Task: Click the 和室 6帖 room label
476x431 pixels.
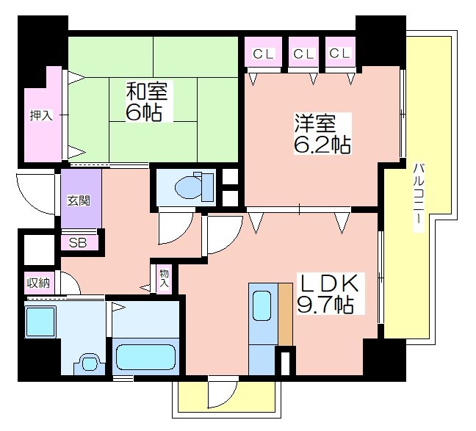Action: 147,101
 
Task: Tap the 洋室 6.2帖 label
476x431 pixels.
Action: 322,134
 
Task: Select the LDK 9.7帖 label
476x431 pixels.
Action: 328,294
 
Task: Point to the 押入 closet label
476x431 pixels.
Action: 41,115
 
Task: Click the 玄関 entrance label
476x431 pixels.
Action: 79,200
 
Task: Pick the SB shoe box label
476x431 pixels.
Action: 78,242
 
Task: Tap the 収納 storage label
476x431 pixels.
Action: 38,283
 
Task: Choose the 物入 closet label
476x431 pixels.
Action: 164,278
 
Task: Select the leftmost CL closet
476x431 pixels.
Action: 263,51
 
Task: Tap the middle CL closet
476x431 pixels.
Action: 303,51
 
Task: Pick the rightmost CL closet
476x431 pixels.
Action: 340,51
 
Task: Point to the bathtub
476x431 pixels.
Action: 145,357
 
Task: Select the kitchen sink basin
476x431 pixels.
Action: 262,305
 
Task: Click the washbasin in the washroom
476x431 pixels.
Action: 89,363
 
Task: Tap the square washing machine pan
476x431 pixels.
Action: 40,322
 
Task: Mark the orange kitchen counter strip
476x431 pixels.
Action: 285,314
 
